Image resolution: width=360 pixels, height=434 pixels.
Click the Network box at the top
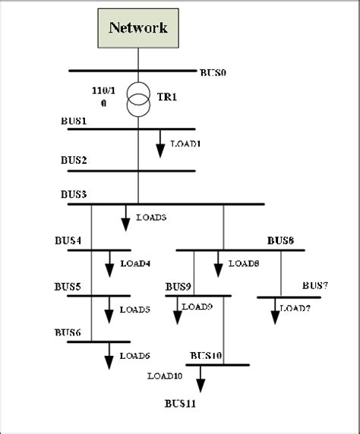coord(138,28)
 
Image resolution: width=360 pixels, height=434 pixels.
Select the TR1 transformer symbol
coord(138,99)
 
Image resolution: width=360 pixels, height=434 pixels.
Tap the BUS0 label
coord(213,73)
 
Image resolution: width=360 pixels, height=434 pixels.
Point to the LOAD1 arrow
coord(160,143)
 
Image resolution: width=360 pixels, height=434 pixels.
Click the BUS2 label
coord(74,160)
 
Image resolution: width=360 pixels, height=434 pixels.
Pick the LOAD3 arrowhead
coord(125,225)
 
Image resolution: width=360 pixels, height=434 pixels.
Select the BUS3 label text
coord(74,194)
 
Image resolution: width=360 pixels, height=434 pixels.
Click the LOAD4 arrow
coord(109,264)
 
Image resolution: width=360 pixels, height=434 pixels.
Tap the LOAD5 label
coord(135,310)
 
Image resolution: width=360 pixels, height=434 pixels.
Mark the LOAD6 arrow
coord(109,356)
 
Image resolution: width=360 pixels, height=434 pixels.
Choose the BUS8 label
coord(280,241)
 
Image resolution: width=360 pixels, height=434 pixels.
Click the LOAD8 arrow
coord(218,264)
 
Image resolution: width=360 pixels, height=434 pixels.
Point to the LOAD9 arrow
coord(178,310)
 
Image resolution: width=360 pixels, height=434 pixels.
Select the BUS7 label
coord(315,285)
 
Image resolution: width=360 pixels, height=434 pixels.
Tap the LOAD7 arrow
coord(275,311)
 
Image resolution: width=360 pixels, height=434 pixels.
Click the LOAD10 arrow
coord(201,379)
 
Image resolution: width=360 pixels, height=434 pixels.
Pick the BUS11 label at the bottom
coord(181,404)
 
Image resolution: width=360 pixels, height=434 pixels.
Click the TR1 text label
coord(167,97)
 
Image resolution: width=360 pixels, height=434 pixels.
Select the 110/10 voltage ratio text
coord(103,97)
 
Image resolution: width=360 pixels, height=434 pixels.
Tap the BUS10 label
coord(206,355)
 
